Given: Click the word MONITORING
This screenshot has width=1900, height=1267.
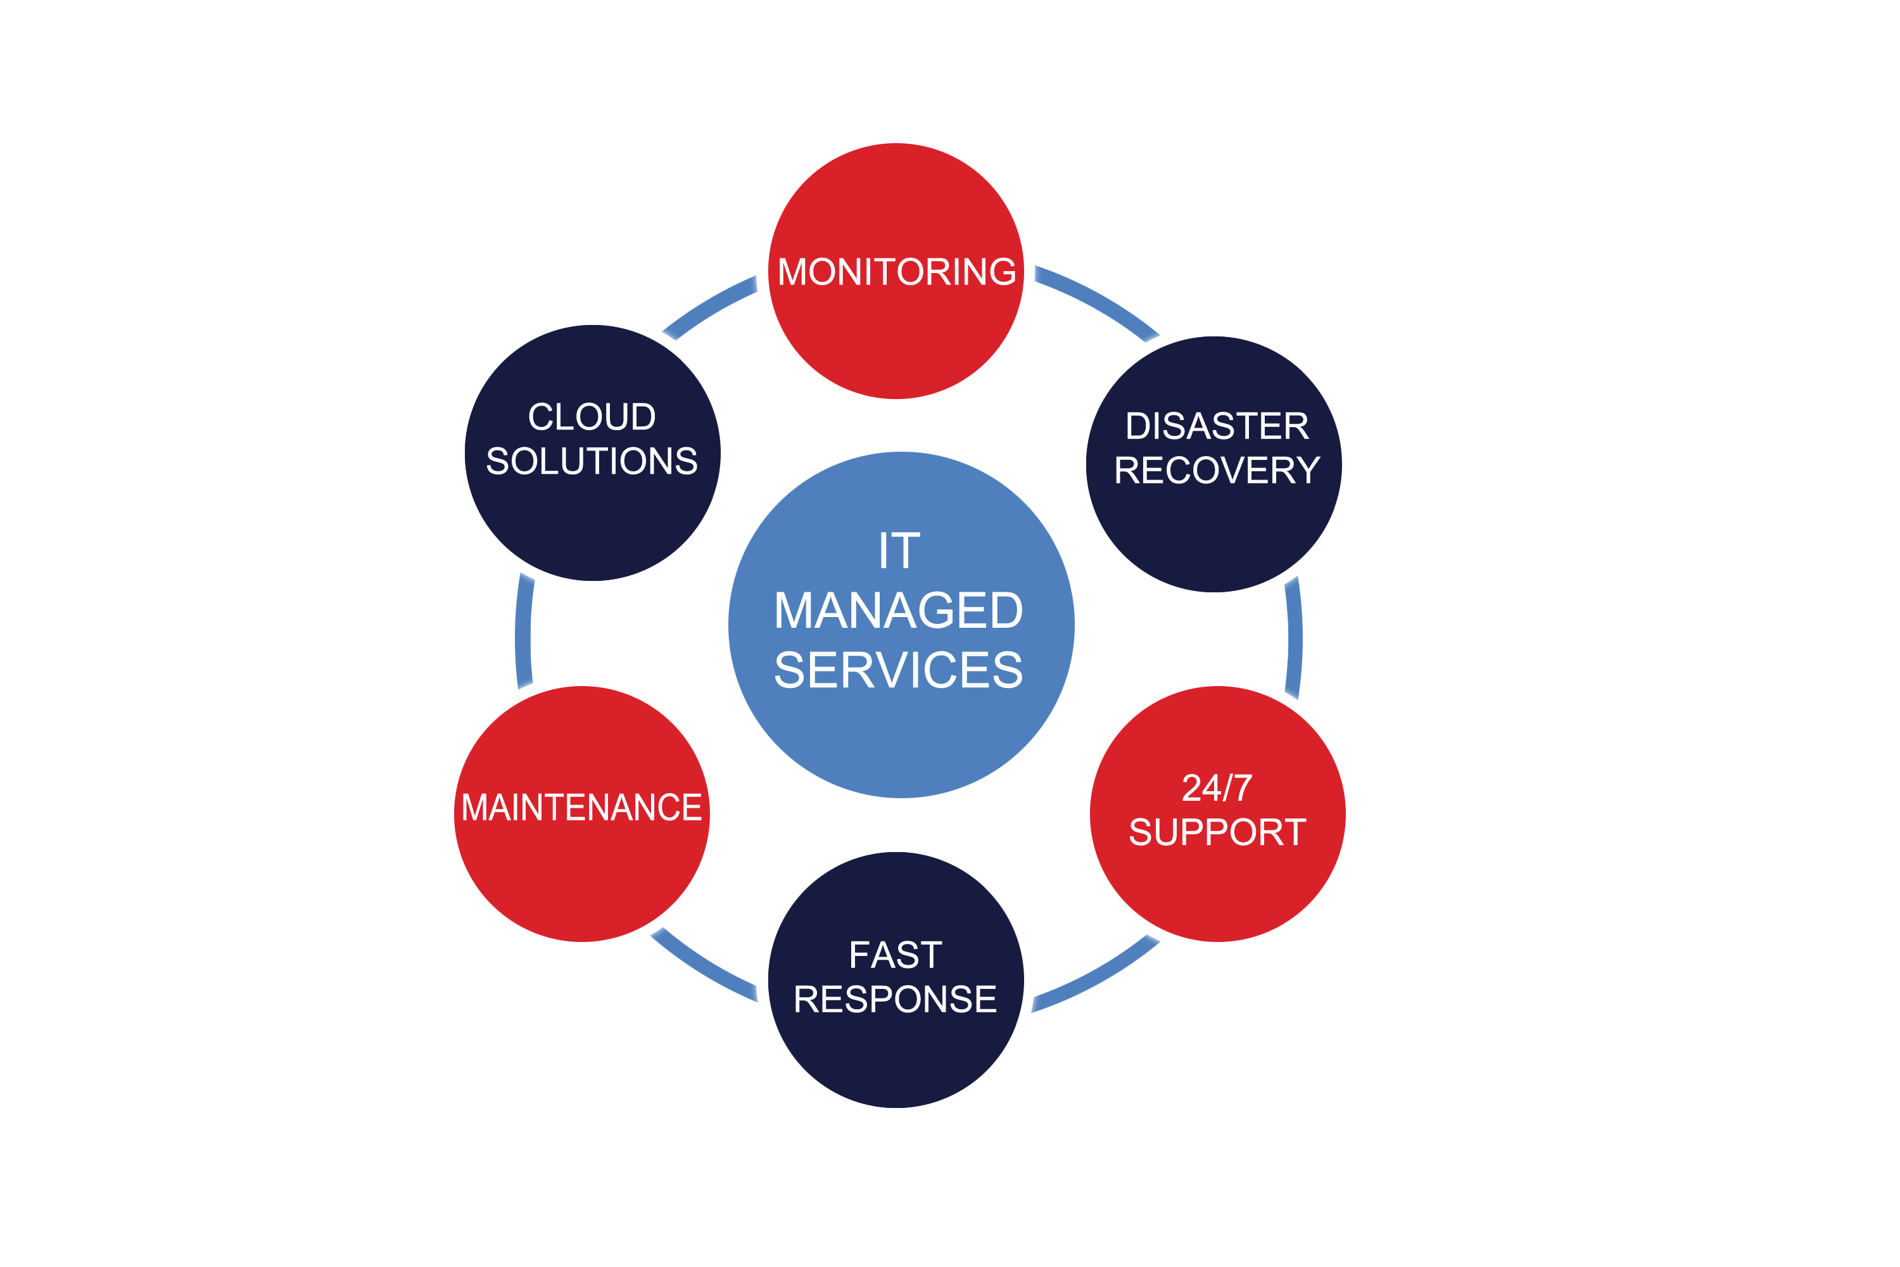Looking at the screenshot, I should point(896,272).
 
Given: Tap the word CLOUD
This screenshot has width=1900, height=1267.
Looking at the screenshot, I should point(592,417).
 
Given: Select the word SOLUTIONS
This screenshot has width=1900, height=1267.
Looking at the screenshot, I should point(592,461).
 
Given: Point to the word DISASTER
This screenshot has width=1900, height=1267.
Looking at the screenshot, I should point(1217,426).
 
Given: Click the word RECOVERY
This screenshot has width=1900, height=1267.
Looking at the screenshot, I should point(1217,470).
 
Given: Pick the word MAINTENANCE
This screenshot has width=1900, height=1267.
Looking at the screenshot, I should point(581,807).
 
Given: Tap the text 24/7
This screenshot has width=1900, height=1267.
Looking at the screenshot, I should point(1217,788).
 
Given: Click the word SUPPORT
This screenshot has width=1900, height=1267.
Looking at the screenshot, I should point(1217,832).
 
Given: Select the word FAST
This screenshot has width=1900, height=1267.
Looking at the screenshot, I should point(895,955).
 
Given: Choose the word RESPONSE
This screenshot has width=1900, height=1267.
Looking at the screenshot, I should point(895,1000).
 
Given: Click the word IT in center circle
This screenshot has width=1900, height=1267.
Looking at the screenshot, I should point(899,551).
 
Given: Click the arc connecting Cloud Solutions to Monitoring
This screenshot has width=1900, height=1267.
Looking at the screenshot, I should point(709,305).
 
